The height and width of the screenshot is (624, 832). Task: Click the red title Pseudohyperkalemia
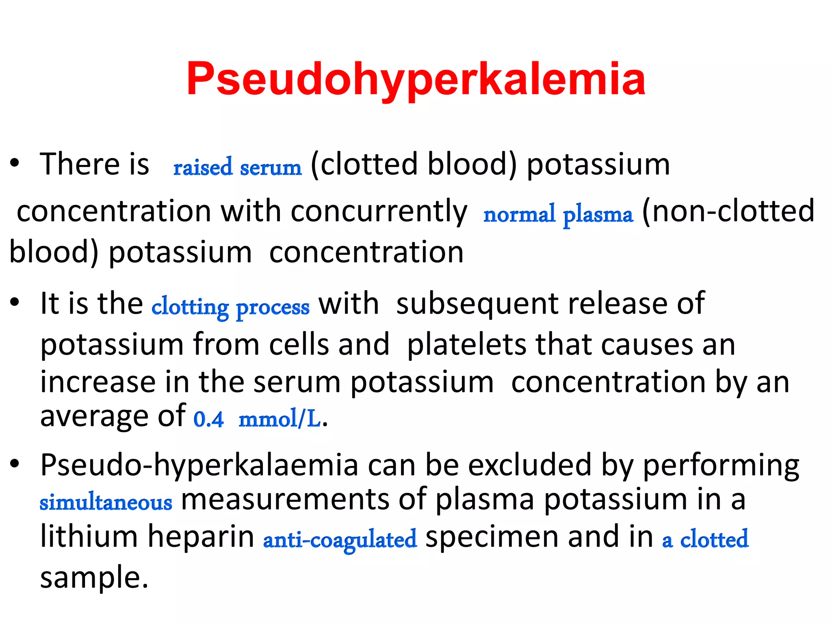tap(416, 80)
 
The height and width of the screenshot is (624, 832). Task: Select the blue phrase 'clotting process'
tap(230, 307)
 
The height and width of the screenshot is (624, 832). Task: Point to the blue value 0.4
tap(208, 419)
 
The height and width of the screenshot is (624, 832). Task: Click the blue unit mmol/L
tap(279, 419)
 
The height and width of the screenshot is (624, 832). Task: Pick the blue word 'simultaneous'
tap(106, 502)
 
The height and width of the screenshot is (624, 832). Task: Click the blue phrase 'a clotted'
tap(705, 539)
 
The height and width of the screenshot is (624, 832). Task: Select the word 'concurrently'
tap(379, 211)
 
